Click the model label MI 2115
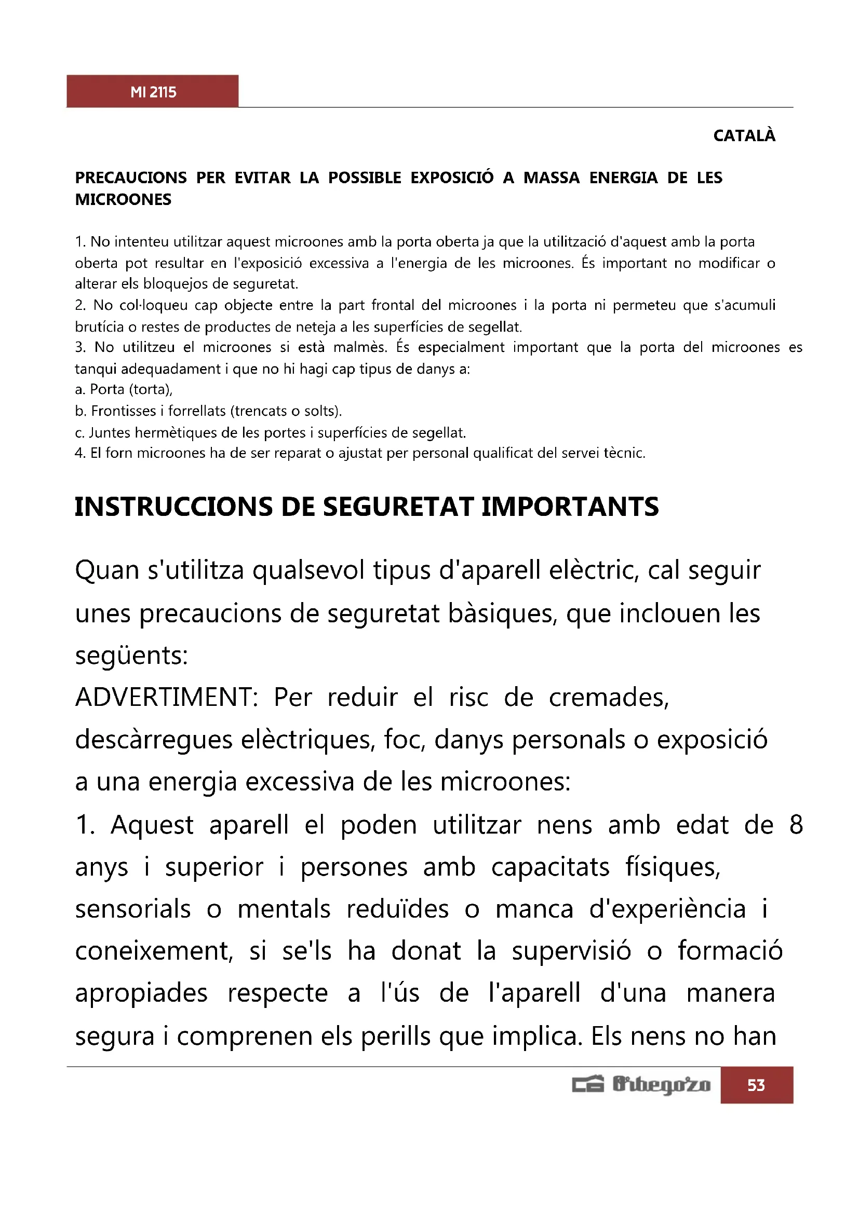tap(153, 92)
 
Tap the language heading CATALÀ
tap(744, 136)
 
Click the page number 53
tap(756, 1085)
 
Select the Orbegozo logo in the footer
tap(641, 1085)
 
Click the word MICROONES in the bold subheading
tap(123, 200)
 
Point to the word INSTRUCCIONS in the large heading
tap(173, 507)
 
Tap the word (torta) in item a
tap(151, 390)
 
